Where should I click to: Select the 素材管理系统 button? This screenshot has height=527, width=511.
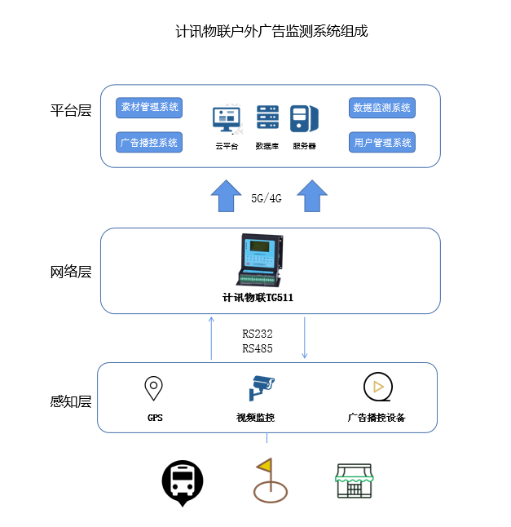point(149,108)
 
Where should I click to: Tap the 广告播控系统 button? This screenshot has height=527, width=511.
point(149,143)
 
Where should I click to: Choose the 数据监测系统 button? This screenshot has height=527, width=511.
point(382,108)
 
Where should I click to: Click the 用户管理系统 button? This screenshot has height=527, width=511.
point(382,143)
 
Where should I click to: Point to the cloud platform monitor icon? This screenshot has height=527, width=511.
point(227,121)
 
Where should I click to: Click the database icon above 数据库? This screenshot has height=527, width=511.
point(267,119)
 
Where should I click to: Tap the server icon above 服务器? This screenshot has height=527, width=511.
point(304,119)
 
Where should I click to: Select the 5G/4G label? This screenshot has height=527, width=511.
point(266,198)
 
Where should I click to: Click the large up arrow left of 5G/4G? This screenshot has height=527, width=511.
point(222,197)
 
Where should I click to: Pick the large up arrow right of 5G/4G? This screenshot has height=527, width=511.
point(311,197)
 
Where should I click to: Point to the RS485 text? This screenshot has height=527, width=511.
point(258,348)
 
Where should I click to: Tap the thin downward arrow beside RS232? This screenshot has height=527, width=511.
point(305,337)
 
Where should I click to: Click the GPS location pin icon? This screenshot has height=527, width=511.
point(153,388)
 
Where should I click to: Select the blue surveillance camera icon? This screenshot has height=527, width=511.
point(262,387)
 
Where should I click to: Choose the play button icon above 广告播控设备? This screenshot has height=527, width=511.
point(376,387)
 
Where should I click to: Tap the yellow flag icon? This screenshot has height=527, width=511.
point(267,476)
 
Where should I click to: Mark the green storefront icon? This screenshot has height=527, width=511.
point(354,481)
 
